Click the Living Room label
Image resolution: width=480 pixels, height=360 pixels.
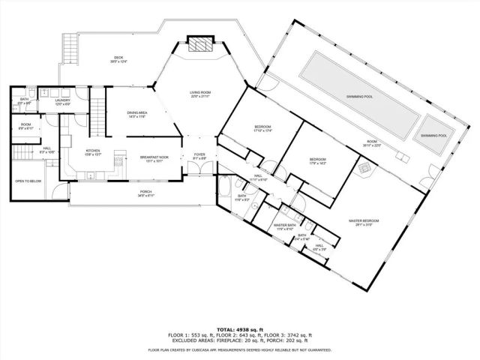(199, 92)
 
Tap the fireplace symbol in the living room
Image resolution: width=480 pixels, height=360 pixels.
(199, 44)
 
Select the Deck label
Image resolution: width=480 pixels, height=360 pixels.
(118, 57)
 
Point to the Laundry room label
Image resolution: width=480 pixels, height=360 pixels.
(62, 100)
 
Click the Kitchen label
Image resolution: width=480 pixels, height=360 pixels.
(92, 150)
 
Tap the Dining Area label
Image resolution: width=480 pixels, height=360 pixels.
(136, 112)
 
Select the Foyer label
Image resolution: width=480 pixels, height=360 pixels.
(199, 155)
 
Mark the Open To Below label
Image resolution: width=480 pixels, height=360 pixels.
(27, 181)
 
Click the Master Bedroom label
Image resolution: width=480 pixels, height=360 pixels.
(364, 220)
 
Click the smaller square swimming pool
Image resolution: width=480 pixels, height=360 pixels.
(433, 135)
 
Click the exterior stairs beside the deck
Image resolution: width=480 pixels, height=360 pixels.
(70, 49)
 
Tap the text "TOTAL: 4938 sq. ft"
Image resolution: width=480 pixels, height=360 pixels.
(240, 328)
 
